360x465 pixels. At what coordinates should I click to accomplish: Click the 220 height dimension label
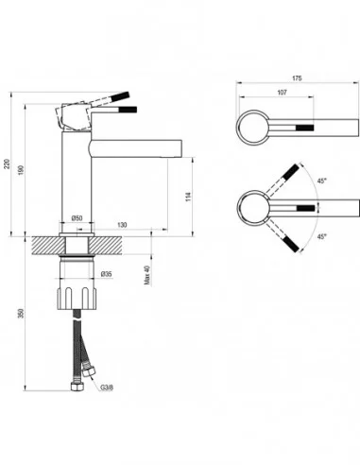[x=7, y=164]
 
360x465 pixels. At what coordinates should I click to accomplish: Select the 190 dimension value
[x=22, y=170]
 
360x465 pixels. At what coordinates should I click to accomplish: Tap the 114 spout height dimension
[x=188, y=197]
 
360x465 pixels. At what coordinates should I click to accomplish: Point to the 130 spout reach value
[x=122, y=225]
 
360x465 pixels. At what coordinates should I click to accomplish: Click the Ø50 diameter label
[x=77, y=217]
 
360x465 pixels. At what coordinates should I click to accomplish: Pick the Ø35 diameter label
[x=107, y=274]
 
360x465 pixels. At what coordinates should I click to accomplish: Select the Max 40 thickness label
[x=147, y=275]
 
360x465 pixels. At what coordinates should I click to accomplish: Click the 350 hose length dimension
[x=22, y=314]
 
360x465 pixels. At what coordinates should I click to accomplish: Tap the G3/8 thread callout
[x=107, y=387]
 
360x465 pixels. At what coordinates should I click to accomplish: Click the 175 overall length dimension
[x=297, y=78]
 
